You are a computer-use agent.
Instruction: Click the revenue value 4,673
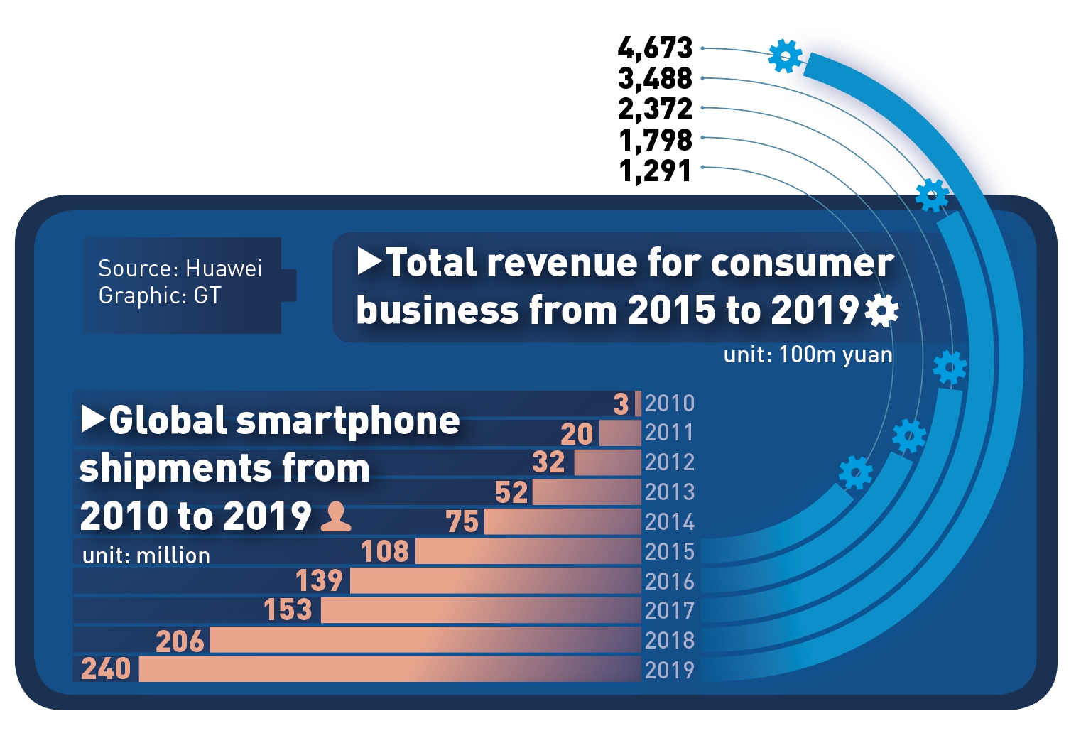click(655, 48)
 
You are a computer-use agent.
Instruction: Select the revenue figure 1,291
click(655, 170)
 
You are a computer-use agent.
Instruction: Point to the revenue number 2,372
click(655, 109)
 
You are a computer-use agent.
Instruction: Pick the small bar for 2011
click(620, 433)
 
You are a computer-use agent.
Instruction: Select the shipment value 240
click(106, 669)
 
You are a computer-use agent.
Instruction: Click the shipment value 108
click(385, 551)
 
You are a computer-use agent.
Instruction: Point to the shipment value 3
click(621, 404)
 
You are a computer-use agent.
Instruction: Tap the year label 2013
click(669, 492)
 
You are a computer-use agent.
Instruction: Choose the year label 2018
click(669, 640)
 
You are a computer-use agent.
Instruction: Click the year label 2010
click(669, 403)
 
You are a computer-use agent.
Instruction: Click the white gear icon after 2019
click(882, 311)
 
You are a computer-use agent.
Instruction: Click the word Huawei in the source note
click(224, 269)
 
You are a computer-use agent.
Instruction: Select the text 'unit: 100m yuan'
click(808, 354)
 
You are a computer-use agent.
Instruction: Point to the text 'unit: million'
click(146, 555)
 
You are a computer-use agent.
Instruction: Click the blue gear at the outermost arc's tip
click(786, 55)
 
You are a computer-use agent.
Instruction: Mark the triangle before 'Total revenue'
click(369, 262)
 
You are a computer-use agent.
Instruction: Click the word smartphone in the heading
click(348, 421)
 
